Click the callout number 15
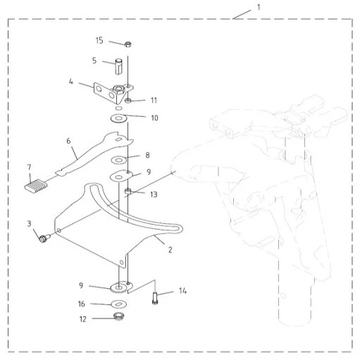point(99,40)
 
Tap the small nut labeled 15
point(128,44)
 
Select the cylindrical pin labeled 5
point(118,67)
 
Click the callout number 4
point(71,82)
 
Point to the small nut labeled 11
point(128,101)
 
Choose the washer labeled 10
point(119,118)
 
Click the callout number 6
point(68,141)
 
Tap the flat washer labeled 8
point(118,161)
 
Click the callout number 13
point(154,194)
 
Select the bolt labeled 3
point(44,238)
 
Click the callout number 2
point(170,250)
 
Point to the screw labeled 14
point(155,298)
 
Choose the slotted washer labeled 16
point(119,304)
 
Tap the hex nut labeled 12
point(119,316)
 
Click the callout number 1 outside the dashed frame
point(259,8)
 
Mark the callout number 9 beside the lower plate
point(81,285)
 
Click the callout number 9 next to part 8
point(149,172)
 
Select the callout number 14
point(182,291)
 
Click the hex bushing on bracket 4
point(118,89)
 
